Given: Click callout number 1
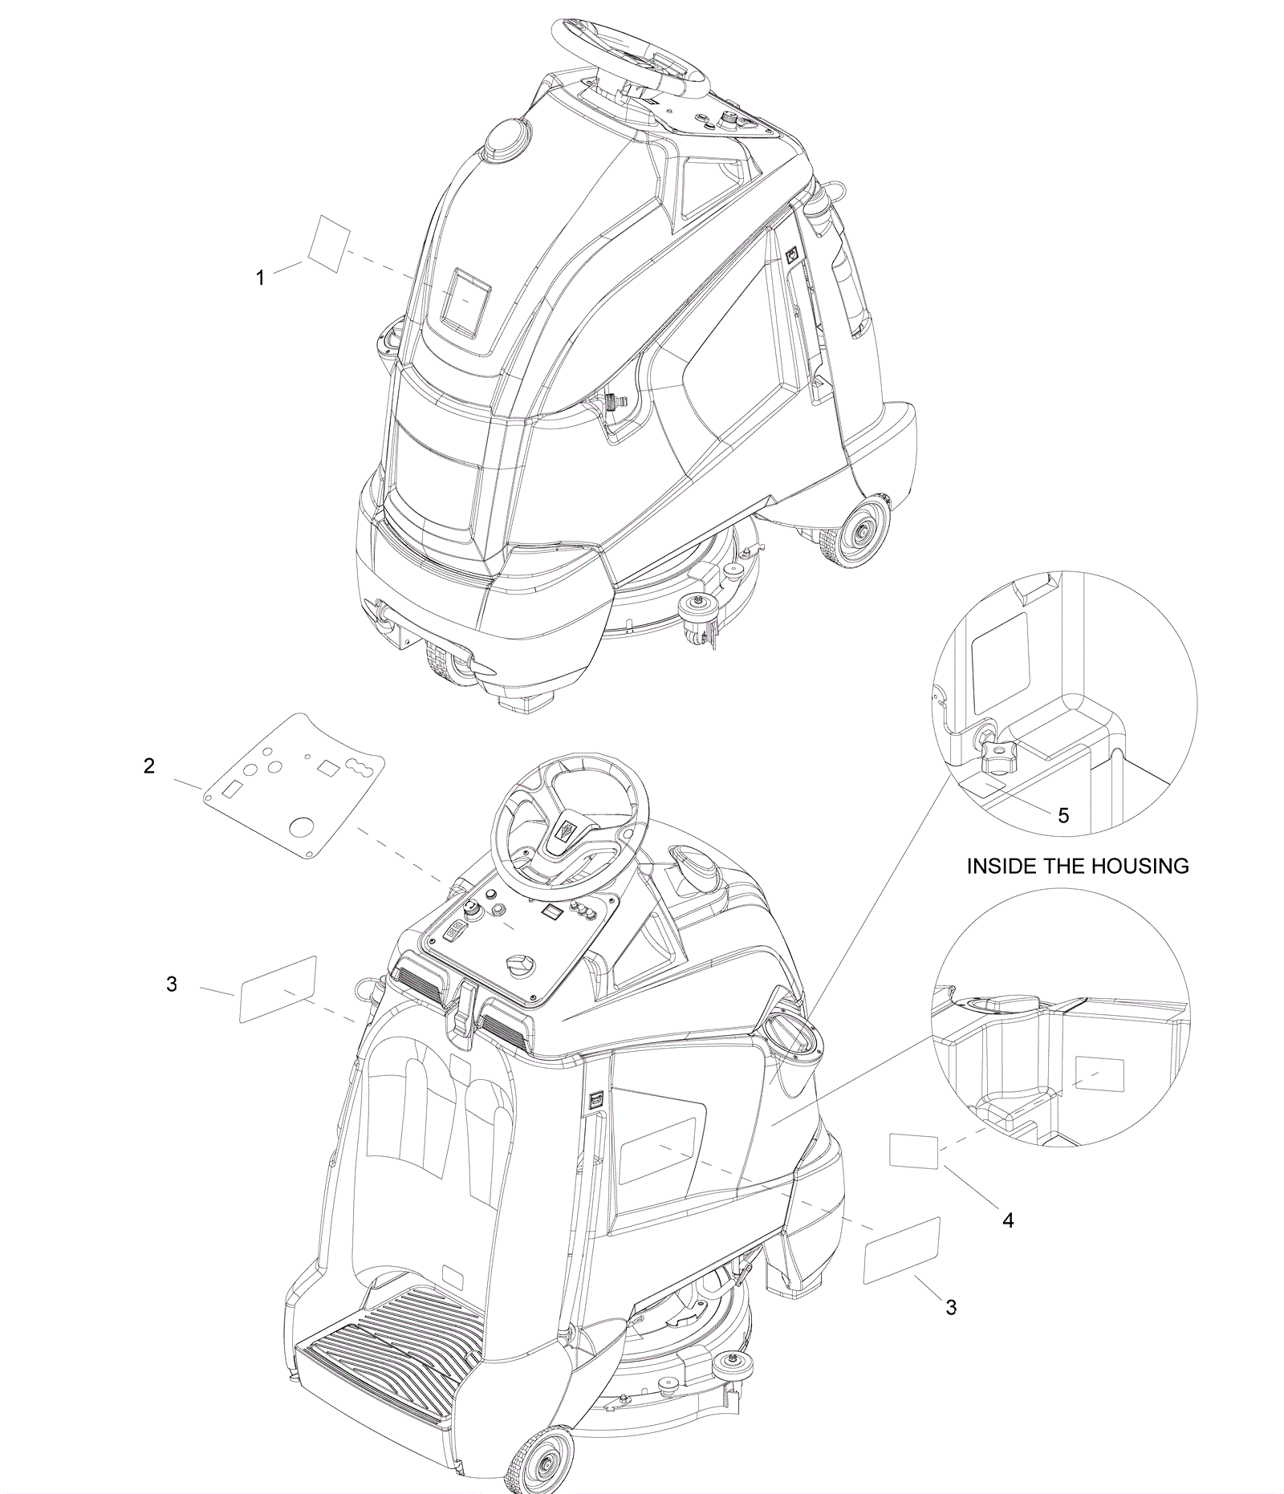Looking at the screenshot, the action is point(260,278).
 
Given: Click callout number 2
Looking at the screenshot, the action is point(149,766).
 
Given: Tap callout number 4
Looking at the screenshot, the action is point(1008,1220).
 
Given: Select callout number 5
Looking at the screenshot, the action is point(1063,816).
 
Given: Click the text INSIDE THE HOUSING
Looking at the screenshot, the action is point(1078,866).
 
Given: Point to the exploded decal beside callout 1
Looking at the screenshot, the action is point(330,243).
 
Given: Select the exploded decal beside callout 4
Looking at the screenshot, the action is point(913,1150).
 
